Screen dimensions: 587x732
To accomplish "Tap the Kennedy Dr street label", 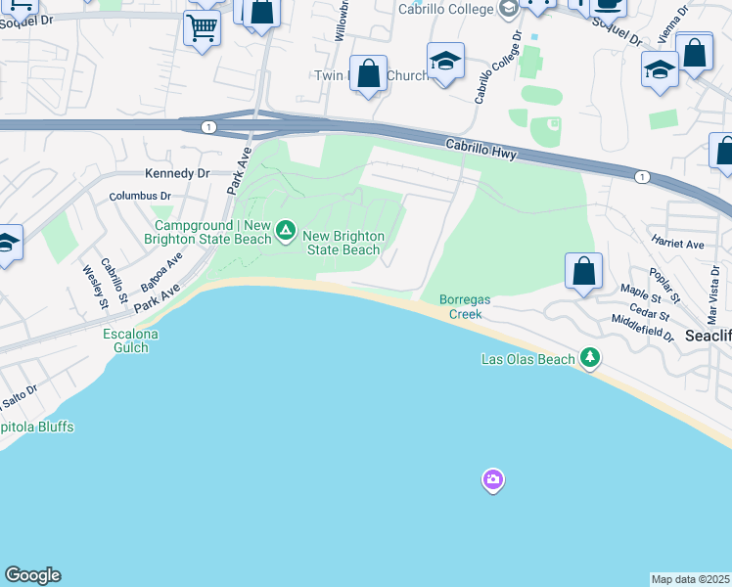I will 177,173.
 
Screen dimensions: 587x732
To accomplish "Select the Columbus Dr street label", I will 139,196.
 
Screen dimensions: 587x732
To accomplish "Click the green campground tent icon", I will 286,231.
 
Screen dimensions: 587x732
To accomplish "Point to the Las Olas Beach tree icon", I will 589,358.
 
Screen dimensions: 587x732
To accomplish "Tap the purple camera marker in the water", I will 493,479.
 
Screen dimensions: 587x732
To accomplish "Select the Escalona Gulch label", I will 130,340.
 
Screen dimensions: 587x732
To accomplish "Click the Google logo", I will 32,575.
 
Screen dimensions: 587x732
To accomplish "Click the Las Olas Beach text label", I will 528,359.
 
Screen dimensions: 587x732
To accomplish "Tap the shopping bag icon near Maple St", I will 583,271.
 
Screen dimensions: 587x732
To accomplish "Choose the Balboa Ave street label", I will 161,271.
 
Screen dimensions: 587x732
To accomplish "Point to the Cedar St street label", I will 650,307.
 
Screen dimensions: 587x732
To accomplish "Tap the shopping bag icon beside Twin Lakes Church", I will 368,73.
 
